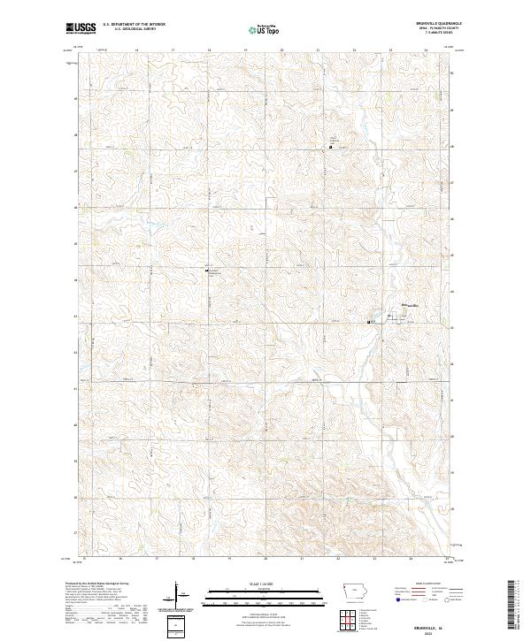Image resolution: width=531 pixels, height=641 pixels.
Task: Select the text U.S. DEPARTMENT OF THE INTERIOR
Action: click(x=134, y=25)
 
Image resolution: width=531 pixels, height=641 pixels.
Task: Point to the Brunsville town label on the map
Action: click(x=408, y=306)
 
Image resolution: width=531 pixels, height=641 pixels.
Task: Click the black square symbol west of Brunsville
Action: click(x=369, y=322)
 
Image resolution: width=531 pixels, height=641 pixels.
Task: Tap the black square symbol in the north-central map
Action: click(x=331, y=147)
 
